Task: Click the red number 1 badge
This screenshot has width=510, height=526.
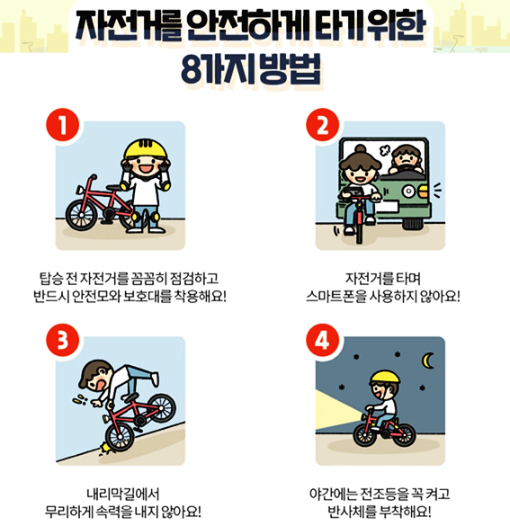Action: (x=63, y=124)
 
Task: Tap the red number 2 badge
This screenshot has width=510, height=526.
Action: (x=322, y=124)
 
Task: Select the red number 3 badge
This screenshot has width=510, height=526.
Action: (x=63, y=340)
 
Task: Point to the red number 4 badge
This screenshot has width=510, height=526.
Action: (x=322, y=340)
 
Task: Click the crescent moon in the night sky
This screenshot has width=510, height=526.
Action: (x=426, y=361)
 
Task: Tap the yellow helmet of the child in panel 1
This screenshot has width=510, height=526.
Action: (x=146, y=149)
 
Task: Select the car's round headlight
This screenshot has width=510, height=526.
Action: (x=408, y=192)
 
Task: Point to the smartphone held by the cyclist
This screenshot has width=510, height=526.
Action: (x=353, y=192)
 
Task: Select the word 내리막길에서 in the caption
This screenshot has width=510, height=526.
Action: (x=123, y=494)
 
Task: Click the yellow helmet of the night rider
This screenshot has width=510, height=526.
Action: (x=385, y=377)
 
